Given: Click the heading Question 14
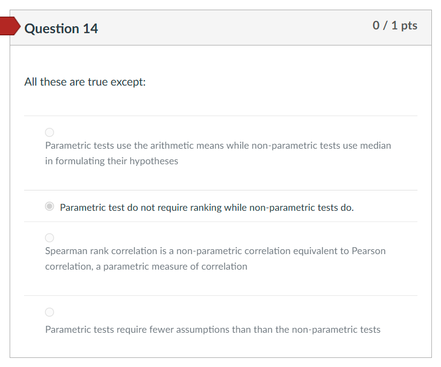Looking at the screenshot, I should point(61,28).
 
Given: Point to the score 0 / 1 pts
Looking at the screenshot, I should point(395,26).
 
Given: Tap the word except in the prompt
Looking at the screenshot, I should point(128,82).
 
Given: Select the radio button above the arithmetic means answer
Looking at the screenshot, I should point(50,132).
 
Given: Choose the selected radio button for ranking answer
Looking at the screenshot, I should point(50,207).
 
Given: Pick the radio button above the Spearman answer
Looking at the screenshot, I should point(50,238).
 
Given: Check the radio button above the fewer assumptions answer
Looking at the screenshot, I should point(50,312).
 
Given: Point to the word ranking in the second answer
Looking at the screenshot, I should point(206,208).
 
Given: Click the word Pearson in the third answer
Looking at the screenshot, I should point(369,251).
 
